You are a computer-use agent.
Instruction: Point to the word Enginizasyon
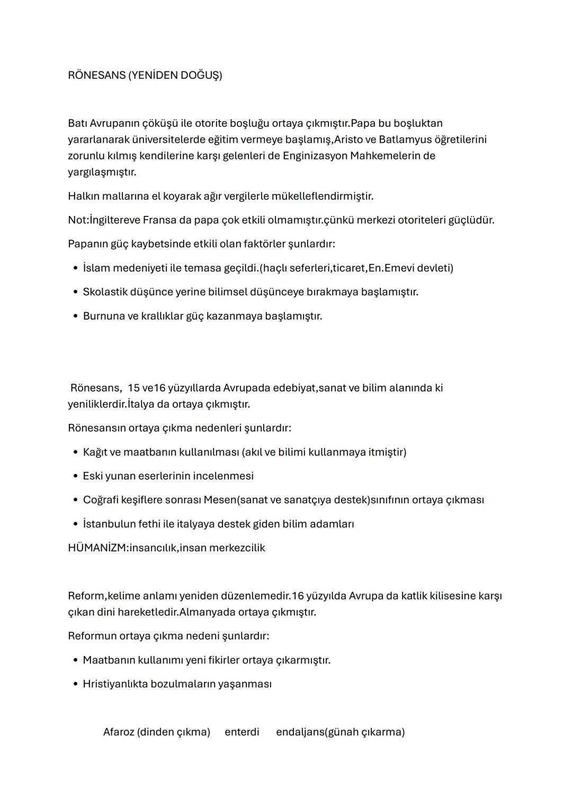tap(315, 156)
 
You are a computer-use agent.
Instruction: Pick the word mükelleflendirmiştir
tap(323, 196)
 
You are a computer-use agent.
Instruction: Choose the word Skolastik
tap(106, 292)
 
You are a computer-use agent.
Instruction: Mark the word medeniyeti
tap(139, 268)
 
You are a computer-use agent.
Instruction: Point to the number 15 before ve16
tap(133, 388)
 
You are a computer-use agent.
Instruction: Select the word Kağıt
tap(95, 452)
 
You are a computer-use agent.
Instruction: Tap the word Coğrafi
tap(101, 500)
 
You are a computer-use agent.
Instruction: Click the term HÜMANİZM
tap(97, 548)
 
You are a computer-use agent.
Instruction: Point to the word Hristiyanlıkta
tap(115, 684)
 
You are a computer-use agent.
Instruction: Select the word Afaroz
tap(119, 732)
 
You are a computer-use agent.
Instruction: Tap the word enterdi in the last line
tap(242, 732)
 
